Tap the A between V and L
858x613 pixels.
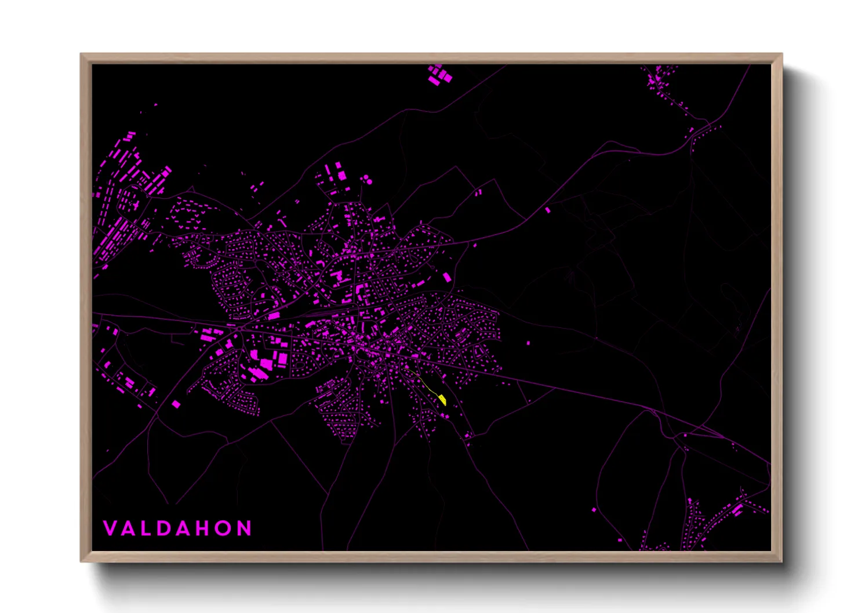tap(129, 528)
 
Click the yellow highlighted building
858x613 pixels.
tap(443, 399)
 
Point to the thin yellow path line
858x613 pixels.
tap(426, 383)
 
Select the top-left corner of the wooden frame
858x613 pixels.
tap(81, 54)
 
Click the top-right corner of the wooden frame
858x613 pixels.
tap(781, 54)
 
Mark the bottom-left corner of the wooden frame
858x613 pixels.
tap(81, 561)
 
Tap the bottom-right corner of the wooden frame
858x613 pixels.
tap(781, 561)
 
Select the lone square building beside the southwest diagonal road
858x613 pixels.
tap(176, 404)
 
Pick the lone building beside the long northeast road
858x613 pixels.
tap(547, 210)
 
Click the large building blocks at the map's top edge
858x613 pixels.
tap(439, 75)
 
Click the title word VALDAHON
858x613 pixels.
tap(177, 528)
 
